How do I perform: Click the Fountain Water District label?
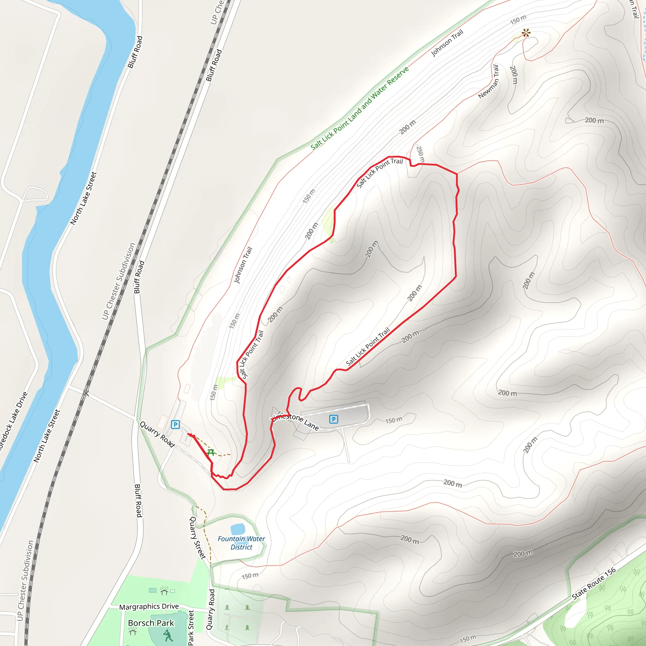click(x=241, y=543)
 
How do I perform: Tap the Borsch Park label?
click(x=151, y=623)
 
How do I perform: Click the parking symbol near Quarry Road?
click(x=175, y=424)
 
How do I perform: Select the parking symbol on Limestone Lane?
click(x=333, y=419)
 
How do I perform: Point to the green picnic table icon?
click(x=211, y=453)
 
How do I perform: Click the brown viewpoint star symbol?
click(x=526, y=33)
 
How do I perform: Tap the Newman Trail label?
click(x=489, y=82)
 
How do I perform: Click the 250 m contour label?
click(x=420, y=154)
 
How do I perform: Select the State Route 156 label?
click(x=594, y=584)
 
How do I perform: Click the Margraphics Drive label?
click(x=149, y=607)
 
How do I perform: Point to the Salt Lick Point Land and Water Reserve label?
click(x=360, y=108)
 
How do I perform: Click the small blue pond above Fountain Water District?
click(x=238, y=529)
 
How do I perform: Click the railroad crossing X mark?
click(x=86, y=394)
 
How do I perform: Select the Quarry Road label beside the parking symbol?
click(x=157, y=434)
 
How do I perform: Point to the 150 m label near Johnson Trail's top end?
click(x=518, y=20)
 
